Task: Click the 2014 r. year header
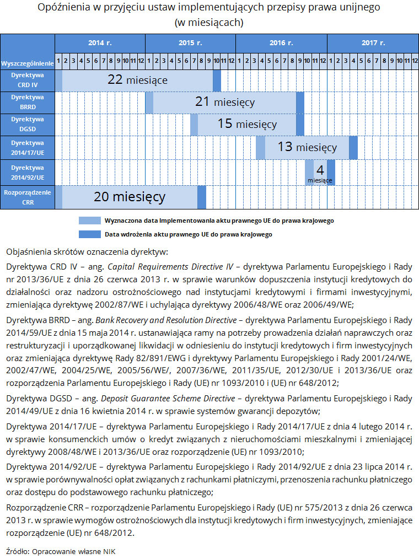pyautogui.click(x=100, y=42)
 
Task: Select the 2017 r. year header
pyautogui.click(x=373, y=42)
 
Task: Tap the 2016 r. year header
pyautogui.click(x=281, y=42)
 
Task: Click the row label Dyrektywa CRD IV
pyautogui.click(x=28, y=80)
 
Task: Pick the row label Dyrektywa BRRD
pyautogui.click(x=28, y=103)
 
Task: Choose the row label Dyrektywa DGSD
pyautogui.click(x=28, y=125)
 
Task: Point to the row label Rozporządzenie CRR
pyautogui.click(x=28, y=197)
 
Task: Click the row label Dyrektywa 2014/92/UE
pyautogui.click(x=28, y=171)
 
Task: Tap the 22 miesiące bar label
pyautogui.click(x=137, y=80)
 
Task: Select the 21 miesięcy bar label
pyautogui.click(x=224, y=102)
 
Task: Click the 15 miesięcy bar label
pyautogui.click(x=247, y=125)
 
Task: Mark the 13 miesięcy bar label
pyautogui.click(x=307, y=147)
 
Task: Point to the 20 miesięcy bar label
pyautogui.click(x=130, y=197)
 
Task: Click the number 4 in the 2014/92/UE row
pyautogui.click(x=320, y=170)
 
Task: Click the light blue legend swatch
pyautogui.click(x=89, y=221)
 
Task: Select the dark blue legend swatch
pyautogui.click(x=89, y=234)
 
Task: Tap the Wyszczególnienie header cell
pyautogui.click(x=28, y=63)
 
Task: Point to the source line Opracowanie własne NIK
pyautogui.click(x=74, y=551)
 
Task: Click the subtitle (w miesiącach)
pyautogui.click(x=209, y=23)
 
